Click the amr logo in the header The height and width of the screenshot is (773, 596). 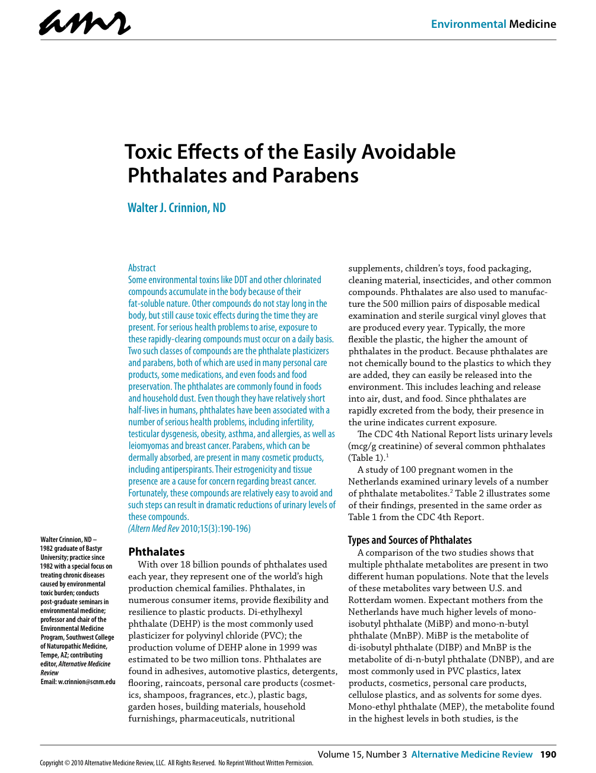pos(85,24)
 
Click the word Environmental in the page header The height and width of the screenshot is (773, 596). pos(468,24)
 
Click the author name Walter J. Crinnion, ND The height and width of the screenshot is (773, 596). pos(177,208)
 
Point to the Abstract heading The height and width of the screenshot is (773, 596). pos(142,268)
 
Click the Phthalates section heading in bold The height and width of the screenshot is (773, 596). pos(157,551)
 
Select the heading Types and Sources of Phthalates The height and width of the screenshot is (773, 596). pos(410,540)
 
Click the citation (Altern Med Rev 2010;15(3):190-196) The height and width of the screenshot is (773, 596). pos(189,528)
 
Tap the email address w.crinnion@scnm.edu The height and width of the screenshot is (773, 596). pos(87,682)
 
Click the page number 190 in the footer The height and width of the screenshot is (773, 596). pos(548,754)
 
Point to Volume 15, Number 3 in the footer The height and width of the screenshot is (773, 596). pos(362,754)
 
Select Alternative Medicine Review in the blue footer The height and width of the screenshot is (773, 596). pos(471,754)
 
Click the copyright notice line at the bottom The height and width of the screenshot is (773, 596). pos(176,763)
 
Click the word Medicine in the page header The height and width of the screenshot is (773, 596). pos(533,24)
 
